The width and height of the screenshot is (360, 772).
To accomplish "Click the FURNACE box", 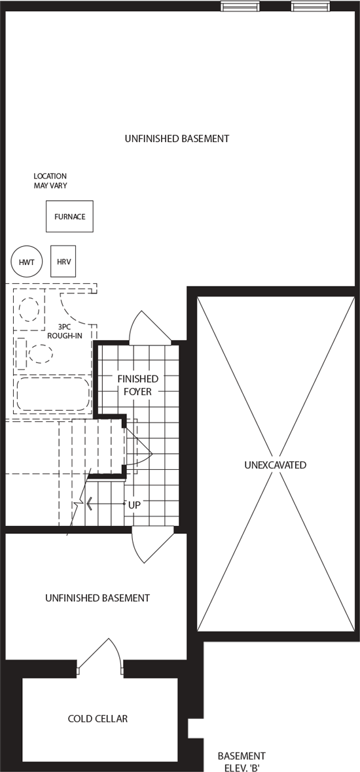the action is [69, 216].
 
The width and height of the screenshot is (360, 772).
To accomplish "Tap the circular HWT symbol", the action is [27, 262].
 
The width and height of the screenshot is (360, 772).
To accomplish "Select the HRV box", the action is [63, 262].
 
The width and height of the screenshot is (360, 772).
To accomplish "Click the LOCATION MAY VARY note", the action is [50, 181].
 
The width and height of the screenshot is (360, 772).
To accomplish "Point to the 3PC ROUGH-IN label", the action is [65, 331].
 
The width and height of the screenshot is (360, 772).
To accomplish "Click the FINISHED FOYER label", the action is [138, 385].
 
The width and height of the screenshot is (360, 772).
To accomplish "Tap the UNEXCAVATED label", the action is [276, 465].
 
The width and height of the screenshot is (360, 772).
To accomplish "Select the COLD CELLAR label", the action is [98, 719].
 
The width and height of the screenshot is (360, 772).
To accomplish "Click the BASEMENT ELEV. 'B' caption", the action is [242, 761].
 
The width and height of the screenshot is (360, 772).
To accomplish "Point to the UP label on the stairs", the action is [134, 505].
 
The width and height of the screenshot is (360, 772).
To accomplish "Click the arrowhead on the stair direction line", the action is [89, 504].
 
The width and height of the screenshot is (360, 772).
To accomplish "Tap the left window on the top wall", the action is [240, 6].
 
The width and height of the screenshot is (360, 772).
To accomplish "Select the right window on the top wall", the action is [310, 6].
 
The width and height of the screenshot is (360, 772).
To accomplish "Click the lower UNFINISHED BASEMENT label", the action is [98, 598].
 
